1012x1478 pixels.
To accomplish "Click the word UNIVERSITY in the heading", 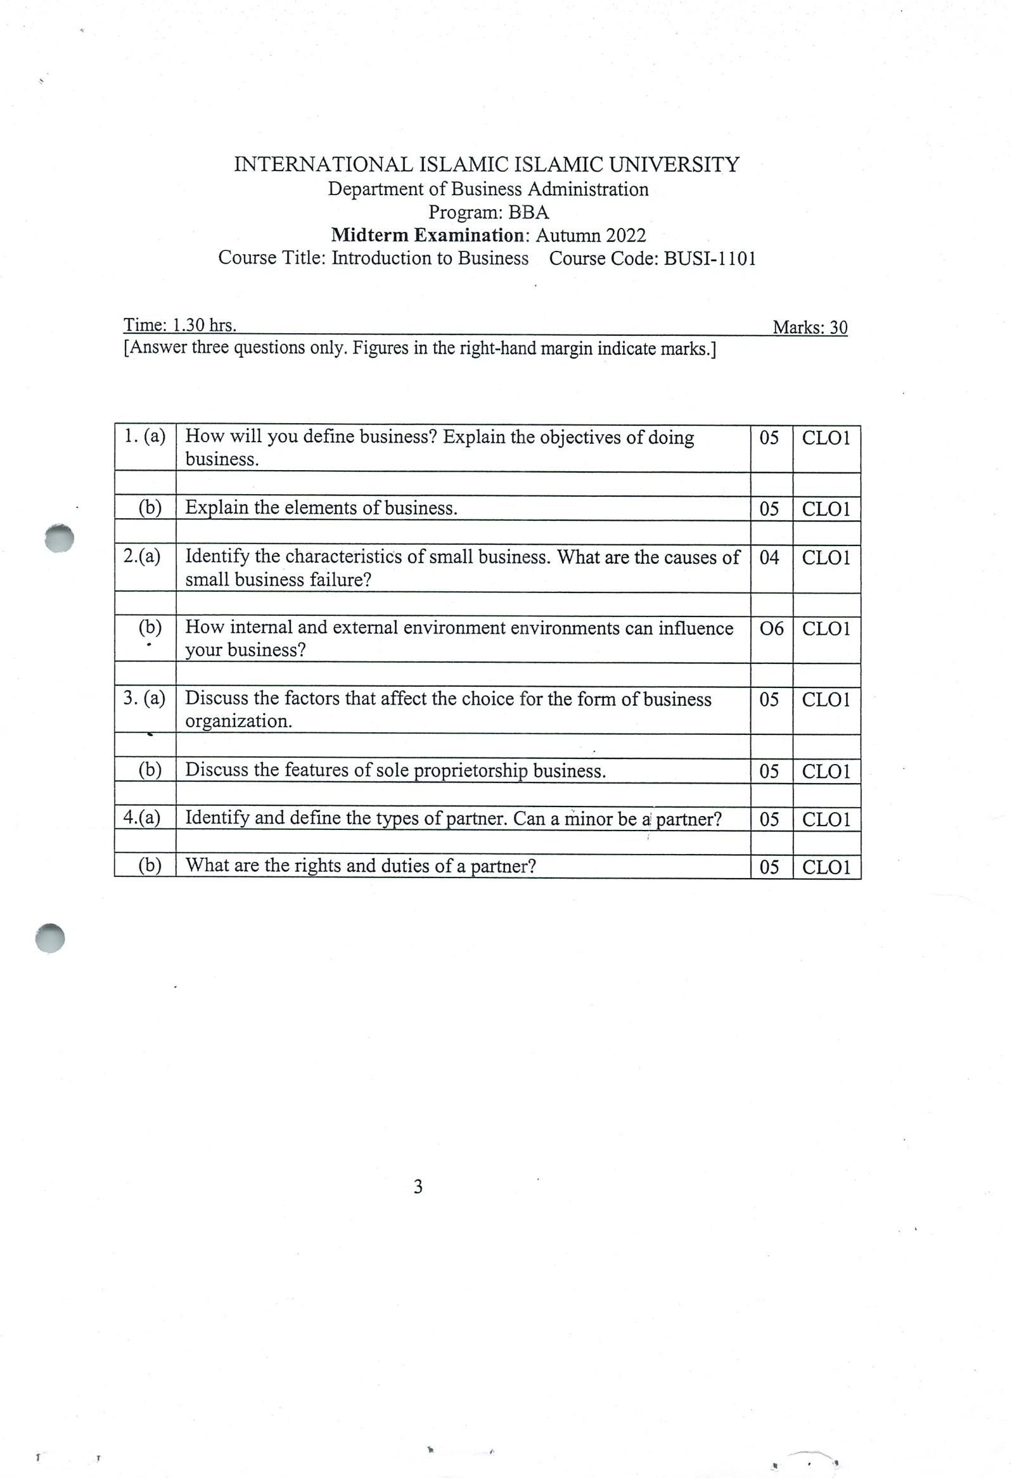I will (674, 165).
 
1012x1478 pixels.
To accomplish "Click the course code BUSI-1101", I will (710, 258).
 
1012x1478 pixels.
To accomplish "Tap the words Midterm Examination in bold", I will (427, 235).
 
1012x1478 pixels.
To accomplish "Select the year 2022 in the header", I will (625, 235).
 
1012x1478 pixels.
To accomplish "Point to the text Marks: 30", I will (809, 328).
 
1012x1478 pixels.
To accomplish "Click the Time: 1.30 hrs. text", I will (180, 326).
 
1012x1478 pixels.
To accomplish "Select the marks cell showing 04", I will (769, 557).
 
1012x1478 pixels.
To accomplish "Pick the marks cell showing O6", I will (772, 628).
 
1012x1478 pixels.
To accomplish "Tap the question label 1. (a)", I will (144, 436).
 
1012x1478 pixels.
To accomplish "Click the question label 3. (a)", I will (144, 698).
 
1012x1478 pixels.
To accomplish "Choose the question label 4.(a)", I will (142, 817).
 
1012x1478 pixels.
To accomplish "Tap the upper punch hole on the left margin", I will (59, 538).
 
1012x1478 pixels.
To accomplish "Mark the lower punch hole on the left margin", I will (50, 938).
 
